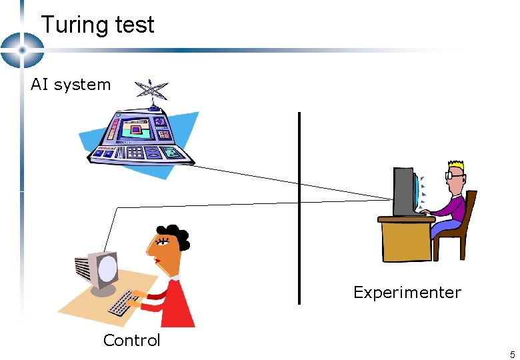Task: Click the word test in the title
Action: pyautogui.click(x=134, y=25)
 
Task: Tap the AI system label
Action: pyautogui.click(x=71, y=85)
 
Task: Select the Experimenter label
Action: pyautogui.click(x=407, y=293)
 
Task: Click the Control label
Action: pyautogui.click(x=131, y=341)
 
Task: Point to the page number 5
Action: pyautogui.click(x=512, y=354)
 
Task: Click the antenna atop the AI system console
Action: pyautogui.click(x=151, y=93)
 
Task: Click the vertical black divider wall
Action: pyautogui.click(x=299, y=207)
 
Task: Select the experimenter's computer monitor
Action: pyautogui.click(x=403, y=191)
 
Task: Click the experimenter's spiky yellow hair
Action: pyautogui.click(x=457, y=165)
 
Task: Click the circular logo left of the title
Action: pyautogui.click(x=21, y=50)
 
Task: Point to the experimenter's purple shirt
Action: pyautogui.click(x=453, y=206)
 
